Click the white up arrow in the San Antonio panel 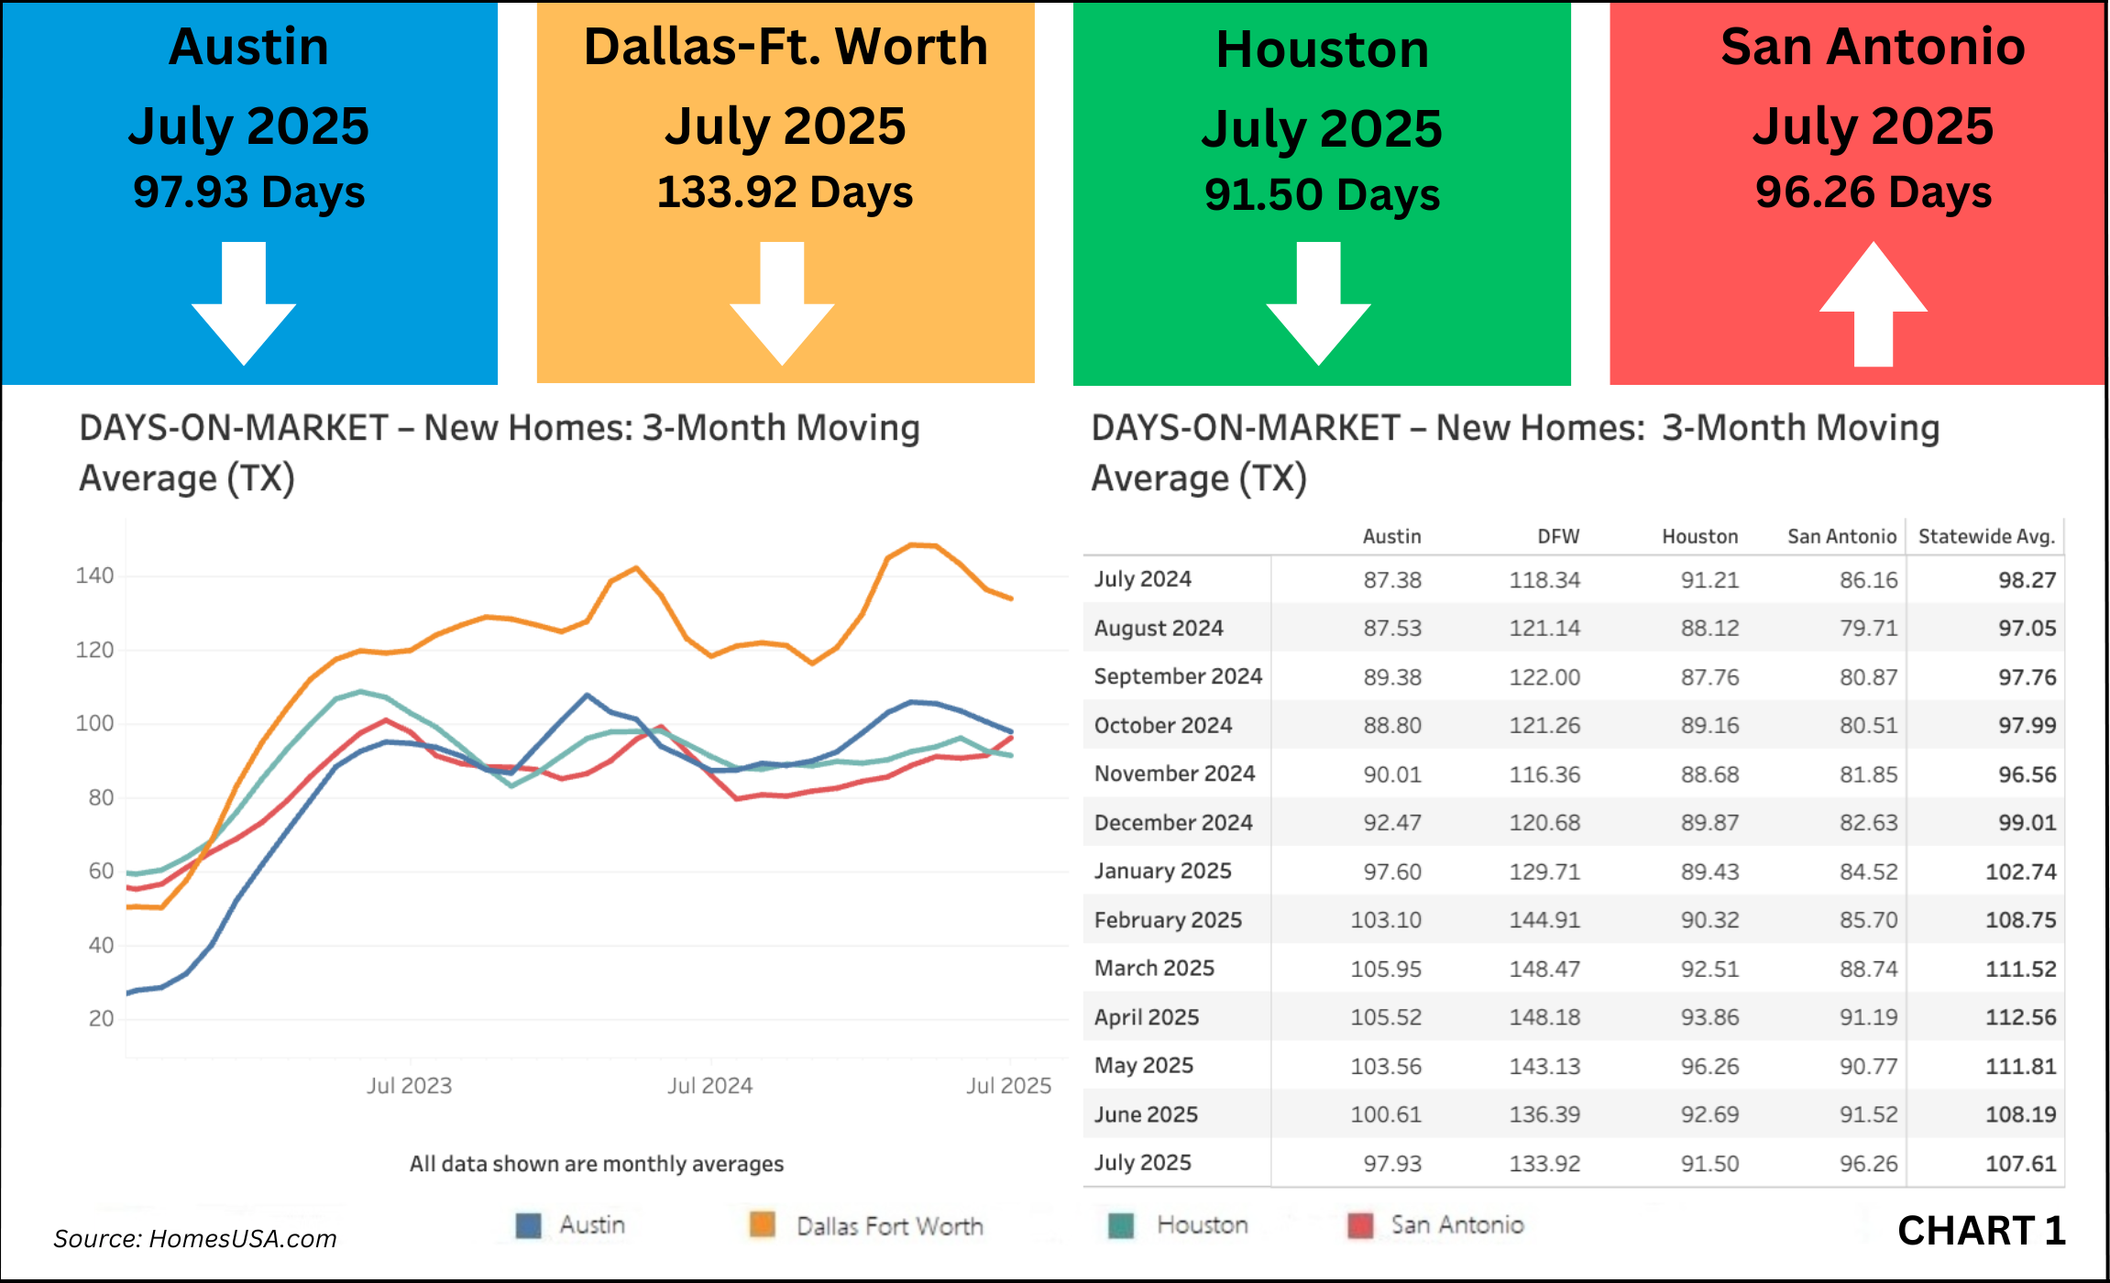click(x=1873, y=307)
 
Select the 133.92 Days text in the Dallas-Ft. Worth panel click(x=785, y=192)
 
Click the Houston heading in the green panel click(x=1322, y=49)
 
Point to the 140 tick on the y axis click(x=94, y=576)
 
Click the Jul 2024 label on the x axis click(x=709, y=1086)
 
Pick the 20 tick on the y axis click(x=101, y=1019)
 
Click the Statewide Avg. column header click(x=1986, y=537)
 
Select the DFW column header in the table click(x=1558, y=537)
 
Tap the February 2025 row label click(x=1168, y=920)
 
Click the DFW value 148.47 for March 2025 click(x=1544, y=969)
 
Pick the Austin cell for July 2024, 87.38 click(x=1391, y=580)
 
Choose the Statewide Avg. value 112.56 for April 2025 click(x=2020, y=1017)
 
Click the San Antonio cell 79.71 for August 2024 click(x=1868, y=629)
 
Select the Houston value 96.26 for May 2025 click(x=1709, y=1067)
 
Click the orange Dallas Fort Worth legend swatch click(x=762, y=1225)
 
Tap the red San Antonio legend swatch click(x=1360, y=1225)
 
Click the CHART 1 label click(x=1981, y=1231)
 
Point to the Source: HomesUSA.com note click(x=195, y=1239)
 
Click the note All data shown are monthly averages click(x=596, y=1164)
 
